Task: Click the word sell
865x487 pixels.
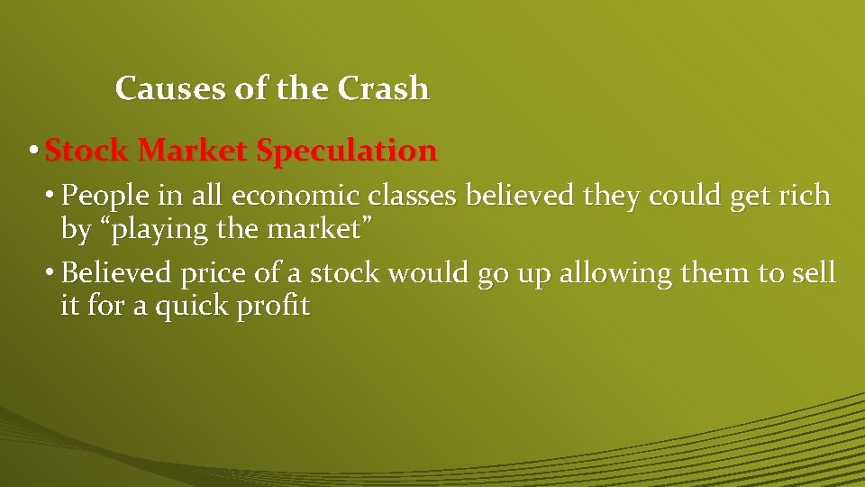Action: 814,272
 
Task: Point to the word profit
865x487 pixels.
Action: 275,307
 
